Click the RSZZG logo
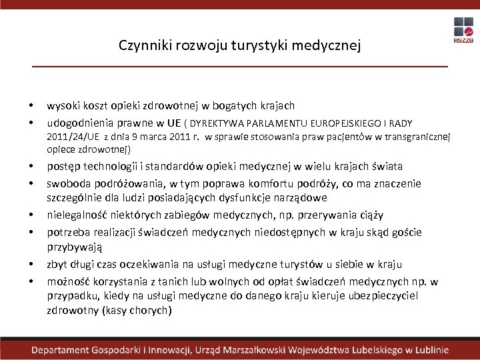463,31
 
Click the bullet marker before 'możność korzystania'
31,281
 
